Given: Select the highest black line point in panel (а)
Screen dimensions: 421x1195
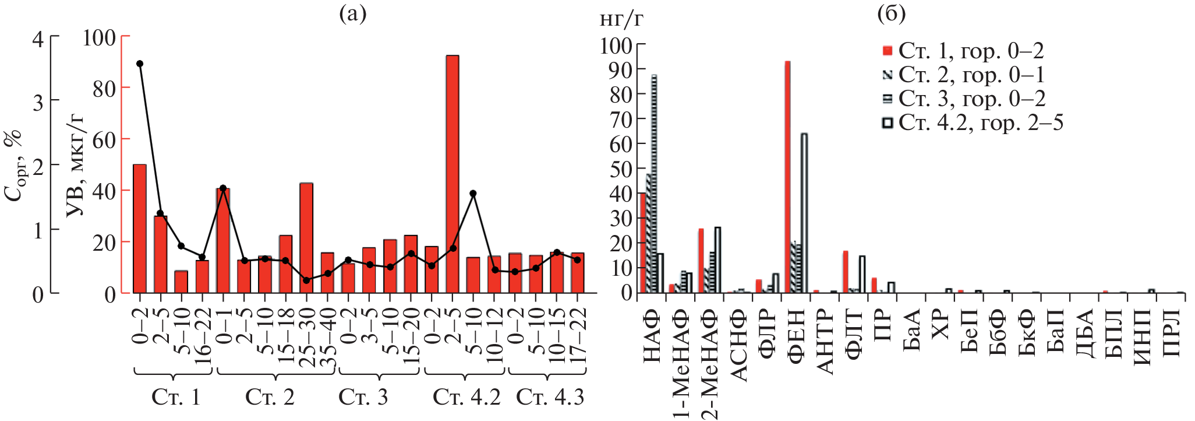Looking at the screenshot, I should pyautogui.click(x=140, y=64).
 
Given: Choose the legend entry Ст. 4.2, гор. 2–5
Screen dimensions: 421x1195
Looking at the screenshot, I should pyautogui.click(x=973, y=123).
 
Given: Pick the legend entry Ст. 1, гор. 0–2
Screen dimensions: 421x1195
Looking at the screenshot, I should pyautogui.click(x=963, y=51).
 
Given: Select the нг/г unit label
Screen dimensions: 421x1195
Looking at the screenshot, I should pyautogui.click(x=621, y=20).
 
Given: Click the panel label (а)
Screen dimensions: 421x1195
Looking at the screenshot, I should pyautogui.click(x=353, y=13).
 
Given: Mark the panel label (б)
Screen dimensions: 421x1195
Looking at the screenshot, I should pyautogui.click(x=891, y=13).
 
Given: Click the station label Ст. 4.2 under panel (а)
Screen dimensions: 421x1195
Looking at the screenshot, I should pyautogui.click(x=466, y=397).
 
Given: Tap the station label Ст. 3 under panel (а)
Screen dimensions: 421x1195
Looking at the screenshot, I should pyautogui.click(x=363, y=397).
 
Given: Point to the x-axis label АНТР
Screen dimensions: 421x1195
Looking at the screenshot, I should pyautogui.click(x=826, y=341).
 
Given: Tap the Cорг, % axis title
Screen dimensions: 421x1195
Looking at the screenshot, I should pyautogui.click(x=15, y=166).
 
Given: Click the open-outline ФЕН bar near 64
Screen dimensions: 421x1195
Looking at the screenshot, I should pyautogui.click(x=804, y=213).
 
